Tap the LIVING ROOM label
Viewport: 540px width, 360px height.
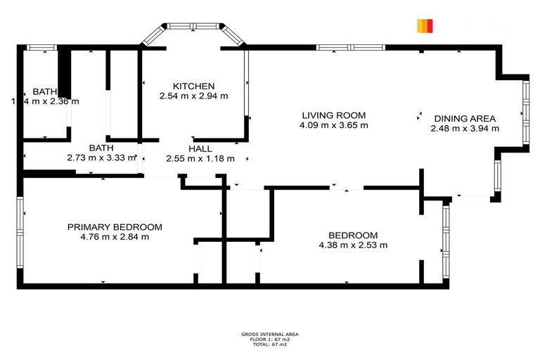(334, 115)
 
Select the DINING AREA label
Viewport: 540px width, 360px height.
(465, 118)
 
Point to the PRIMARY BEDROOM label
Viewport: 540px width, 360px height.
(115, 227)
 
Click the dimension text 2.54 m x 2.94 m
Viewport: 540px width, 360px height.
(193, 96)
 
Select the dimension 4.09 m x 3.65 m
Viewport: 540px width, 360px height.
(334, 126)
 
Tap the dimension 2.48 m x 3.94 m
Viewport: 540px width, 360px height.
(465, 129)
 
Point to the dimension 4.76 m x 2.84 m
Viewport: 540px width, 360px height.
(115, 237)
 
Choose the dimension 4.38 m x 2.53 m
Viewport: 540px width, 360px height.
(353, 245)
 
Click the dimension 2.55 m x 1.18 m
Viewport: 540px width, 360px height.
(200, 159)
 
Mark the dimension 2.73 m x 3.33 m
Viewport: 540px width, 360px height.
(101, 159)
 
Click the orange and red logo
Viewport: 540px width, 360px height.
(425, 26)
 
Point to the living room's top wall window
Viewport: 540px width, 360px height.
(350, 48)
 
